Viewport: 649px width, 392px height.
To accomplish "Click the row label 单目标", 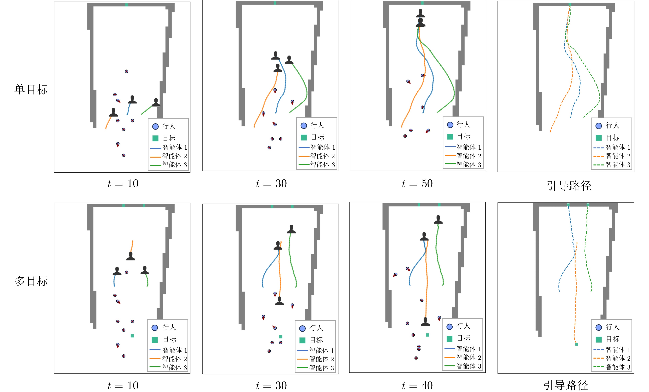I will (x=31, y=90).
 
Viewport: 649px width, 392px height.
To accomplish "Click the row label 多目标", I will (x=31, y=281).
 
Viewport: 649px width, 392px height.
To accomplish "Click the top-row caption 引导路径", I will (x=569, y=186).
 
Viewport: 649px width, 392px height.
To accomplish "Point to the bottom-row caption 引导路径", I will (x=566, y=385).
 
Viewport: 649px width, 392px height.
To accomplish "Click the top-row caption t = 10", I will (x=123, y=184).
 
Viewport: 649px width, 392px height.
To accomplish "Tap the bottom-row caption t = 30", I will (x=271, y=386).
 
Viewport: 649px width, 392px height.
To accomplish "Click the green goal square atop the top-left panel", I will (x=126, y=5).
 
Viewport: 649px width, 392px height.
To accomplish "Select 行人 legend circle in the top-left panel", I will (x=155, y=127).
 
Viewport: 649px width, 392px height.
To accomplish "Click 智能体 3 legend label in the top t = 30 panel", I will (x=322, y=165).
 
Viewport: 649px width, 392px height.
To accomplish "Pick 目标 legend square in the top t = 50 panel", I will (x=450, y=137).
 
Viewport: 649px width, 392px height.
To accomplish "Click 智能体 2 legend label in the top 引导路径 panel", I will (x=618, y=156).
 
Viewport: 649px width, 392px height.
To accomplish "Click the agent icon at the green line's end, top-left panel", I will (x=156, y=102).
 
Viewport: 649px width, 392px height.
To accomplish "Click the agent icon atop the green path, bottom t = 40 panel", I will (x=438, y=220).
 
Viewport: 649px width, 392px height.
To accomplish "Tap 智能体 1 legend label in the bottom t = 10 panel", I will (x=175, y=350).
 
